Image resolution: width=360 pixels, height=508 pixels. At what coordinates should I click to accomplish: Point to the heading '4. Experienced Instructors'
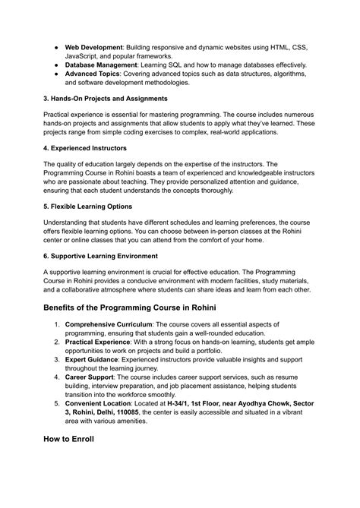tap(85, 148)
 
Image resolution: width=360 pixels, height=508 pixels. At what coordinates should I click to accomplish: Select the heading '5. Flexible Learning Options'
tap(88, 206)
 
